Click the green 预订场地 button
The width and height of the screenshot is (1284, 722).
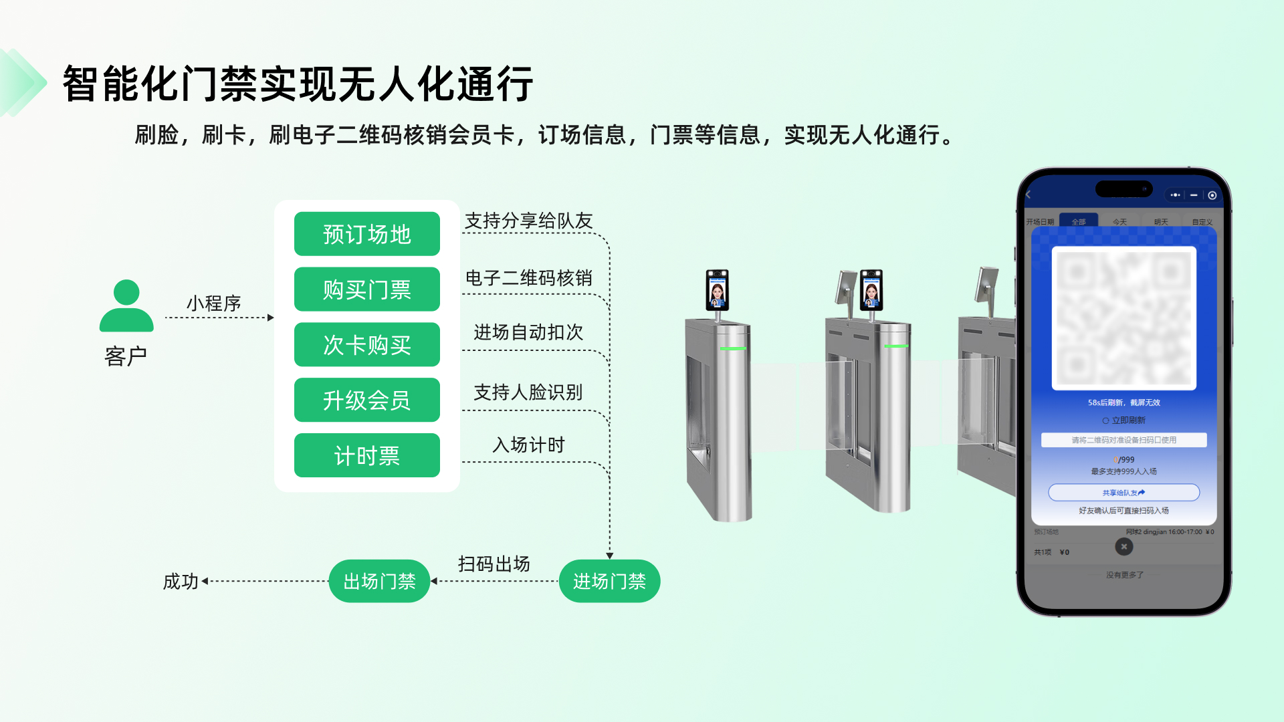(366, 234)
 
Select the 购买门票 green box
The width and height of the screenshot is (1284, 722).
(366, 289)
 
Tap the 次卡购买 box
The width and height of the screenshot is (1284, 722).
(366, 345)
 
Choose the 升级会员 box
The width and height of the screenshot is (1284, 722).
(366, 400)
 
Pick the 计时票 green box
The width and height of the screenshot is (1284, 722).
(366, 456)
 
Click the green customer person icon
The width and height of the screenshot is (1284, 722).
(126, 306)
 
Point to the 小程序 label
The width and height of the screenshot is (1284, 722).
(213, 304)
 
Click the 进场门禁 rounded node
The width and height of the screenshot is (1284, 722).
(609, 582)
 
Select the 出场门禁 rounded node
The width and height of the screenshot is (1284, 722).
(379, 582)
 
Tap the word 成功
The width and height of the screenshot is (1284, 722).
(181, 582)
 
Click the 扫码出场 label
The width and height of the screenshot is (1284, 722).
(494, 564)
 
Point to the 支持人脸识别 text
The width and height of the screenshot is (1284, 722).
(528, 392)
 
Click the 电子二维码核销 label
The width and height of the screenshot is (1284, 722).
(528, 278)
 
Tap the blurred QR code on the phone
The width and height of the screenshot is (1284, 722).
(1123, 318)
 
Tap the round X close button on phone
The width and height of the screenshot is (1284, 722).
(1123, 547)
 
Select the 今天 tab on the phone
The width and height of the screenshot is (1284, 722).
(1119, 222)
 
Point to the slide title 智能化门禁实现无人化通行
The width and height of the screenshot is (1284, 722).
(298, 84)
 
